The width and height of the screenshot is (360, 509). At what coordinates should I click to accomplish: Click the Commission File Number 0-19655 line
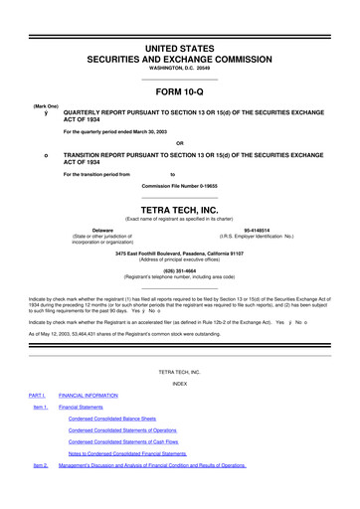click(x=179, y=186)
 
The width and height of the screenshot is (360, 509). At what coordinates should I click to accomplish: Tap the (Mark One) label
click(x=45, y=104)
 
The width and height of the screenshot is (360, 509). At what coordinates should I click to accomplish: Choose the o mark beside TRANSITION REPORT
click(x=46, y=155)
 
